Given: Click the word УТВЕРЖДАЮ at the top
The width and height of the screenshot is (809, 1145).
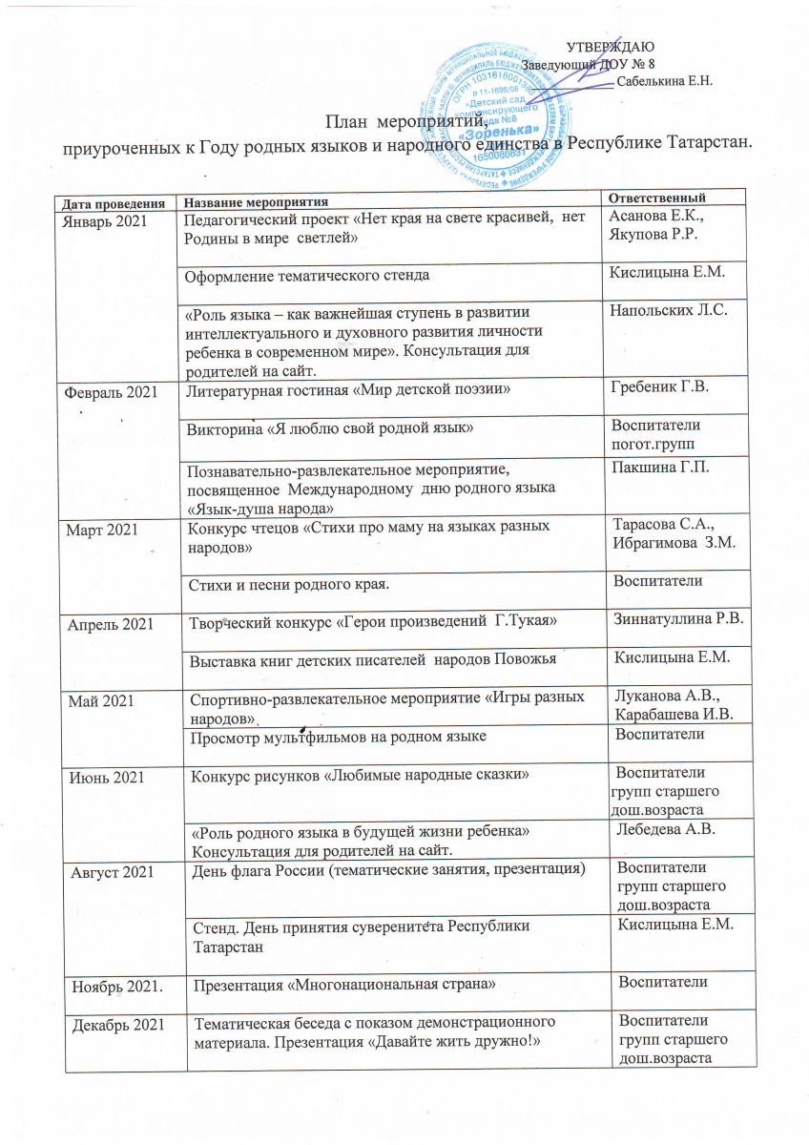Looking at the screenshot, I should [610, 47].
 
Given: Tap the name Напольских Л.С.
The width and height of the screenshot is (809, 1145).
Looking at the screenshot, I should [665, 311].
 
